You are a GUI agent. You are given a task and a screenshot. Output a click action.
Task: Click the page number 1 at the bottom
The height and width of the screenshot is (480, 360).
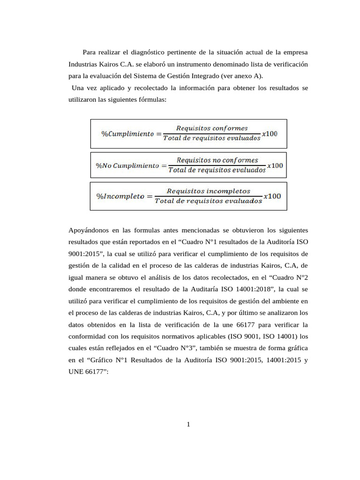(188, 425)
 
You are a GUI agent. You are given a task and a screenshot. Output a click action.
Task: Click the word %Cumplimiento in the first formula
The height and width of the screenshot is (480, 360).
(127, 134)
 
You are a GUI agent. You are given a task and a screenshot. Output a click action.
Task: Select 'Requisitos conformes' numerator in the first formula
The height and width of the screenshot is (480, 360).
(212, 128)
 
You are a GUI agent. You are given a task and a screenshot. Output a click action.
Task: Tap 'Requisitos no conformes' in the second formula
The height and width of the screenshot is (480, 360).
(214, 160)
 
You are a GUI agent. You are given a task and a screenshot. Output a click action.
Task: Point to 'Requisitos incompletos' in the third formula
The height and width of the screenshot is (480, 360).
(209, 191)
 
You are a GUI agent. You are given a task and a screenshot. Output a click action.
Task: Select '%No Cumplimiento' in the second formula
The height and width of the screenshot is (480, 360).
(127, 165)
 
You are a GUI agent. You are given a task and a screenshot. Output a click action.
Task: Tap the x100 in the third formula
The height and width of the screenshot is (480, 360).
(272, 196)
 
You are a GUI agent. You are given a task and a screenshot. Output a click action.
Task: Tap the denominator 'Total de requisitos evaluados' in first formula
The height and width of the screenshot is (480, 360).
(211, 139)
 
